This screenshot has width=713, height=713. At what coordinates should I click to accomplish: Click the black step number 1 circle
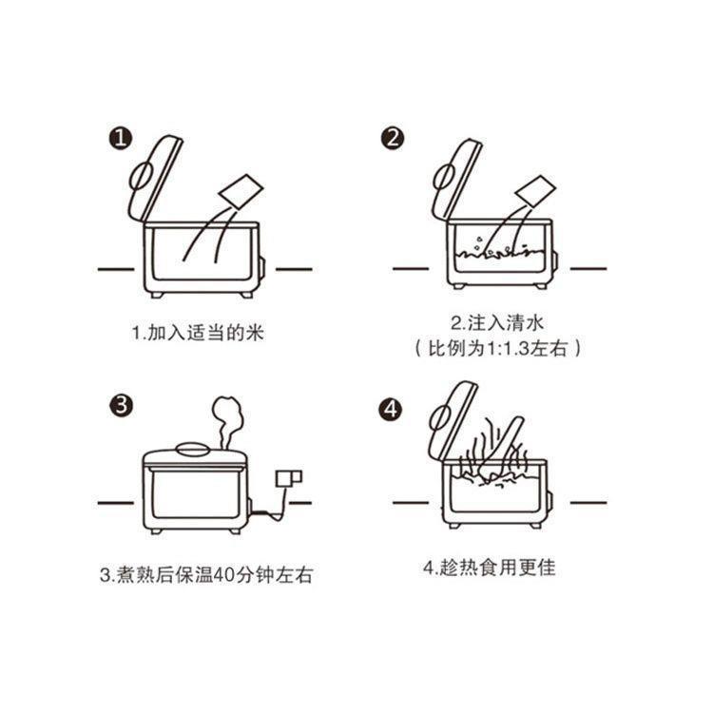[118, 140]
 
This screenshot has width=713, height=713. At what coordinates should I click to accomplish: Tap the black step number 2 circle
[392, 139]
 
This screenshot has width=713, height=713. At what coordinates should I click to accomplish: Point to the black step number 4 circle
[392, 410]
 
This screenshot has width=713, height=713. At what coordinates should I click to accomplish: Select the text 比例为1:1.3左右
[498, 348]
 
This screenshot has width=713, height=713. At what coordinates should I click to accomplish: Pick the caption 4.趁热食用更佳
[489, 568]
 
